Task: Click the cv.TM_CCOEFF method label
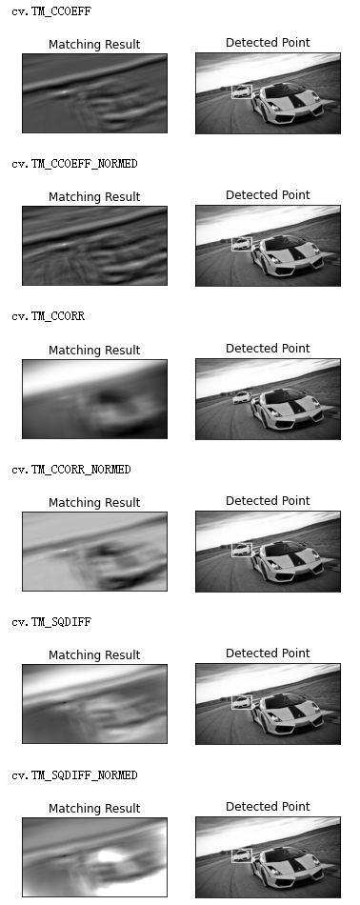coord(51,11)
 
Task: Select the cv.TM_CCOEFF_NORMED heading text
coord(74,163)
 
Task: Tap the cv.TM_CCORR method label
coord(48,315)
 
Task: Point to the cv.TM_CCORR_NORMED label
coord(71,470)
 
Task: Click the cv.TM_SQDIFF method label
coord(51,622)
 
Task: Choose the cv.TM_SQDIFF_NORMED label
coord(74,774)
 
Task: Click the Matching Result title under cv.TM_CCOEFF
coord(94,45)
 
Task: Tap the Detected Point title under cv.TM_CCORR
coord(268,348)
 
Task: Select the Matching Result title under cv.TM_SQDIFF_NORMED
coord(94,808)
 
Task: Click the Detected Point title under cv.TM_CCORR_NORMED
coord(268,500)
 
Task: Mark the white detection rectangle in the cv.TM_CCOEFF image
coord(232,91)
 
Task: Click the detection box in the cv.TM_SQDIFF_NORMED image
coord(232,856)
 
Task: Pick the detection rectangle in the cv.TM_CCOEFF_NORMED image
coord(232,244)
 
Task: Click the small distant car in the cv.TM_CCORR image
coord(242,397)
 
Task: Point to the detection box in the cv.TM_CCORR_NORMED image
coord(232,550)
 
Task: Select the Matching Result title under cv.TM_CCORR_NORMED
coord(94,503)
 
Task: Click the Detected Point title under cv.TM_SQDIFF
coord(268,653)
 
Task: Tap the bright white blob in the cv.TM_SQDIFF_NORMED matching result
coord(110,855)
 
